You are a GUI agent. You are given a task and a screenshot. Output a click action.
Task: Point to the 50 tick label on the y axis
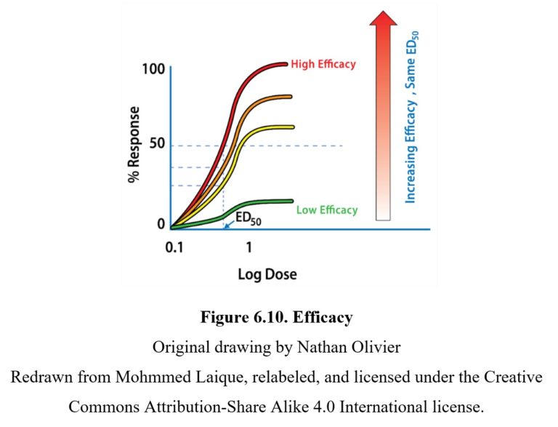(156, 145)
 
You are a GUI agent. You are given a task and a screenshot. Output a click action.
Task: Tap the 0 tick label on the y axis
(161, 225)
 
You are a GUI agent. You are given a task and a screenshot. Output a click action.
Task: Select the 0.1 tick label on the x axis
(174, 247)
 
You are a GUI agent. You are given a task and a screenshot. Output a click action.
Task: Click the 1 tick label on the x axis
(248, 247)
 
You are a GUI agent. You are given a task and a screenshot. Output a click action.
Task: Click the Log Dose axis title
(267, 274)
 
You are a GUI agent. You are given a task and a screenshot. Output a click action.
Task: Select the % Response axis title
(134, 146)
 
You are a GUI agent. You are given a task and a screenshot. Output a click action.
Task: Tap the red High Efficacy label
(323, 64)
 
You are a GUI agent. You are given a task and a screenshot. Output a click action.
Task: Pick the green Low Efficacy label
(327, 210)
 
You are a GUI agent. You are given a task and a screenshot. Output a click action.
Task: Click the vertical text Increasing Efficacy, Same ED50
(412, 116)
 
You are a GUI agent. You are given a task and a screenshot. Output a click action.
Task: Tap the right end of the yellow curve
(292, 127)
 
